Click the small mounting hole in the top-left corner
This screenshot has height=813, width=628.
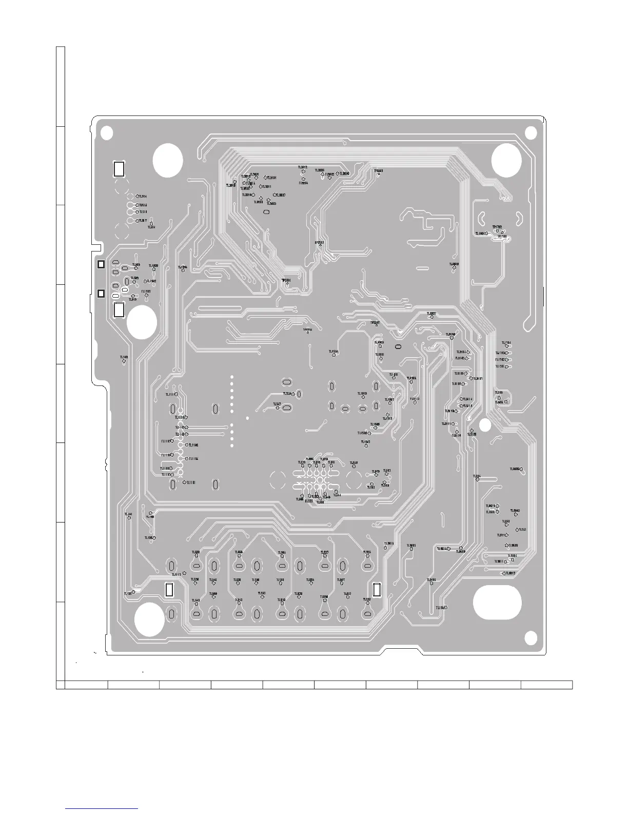[106, 132]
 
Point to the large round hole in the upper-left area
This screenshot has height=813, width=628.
[168, 160]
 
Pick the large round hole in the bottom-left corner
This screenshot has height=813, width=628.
[149, 619]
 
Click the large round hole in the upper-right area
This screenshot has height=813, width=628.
[506, 160]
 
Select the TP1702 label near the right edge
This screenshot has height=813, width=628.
[497, 226]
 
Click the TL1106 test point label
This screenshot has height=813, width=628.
[193, 445]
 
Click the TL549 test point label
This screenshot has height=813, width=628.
[354, 463]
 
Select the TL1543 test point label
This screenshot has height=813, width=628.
[365, 441]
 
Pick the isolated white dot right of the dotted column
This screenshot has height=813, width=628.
[247, 418]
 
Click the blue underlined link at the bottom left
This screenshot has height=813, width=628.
[103, 808]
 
